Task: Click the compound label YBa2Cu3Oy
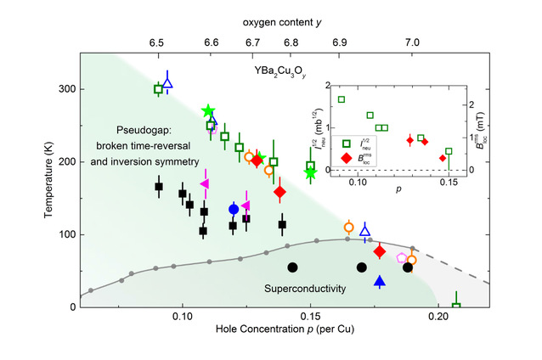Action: pyautogui.click(x=282, y=70)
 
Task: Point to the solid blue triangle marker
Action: pyautogui.click(x=380, y=282)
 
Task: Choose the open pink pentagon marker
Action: pyautogui.click(x=402, y=257)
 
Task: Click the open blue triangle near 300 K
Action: pyautogui.click(x=167, y=82)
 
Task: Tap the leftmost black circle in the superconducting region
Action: pyautogui.click(x=292, y=267)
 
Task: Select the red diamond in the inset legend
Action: pyautogui.click(x=346, y=156)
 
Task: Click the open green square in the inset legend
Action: pyautogui.click(x=346, y=142)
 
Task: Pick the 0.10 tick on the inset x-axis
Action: pyautogui.click(x=358, y=183)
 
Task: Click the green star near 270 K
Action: pyautogui.click(x=209, y=111)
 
